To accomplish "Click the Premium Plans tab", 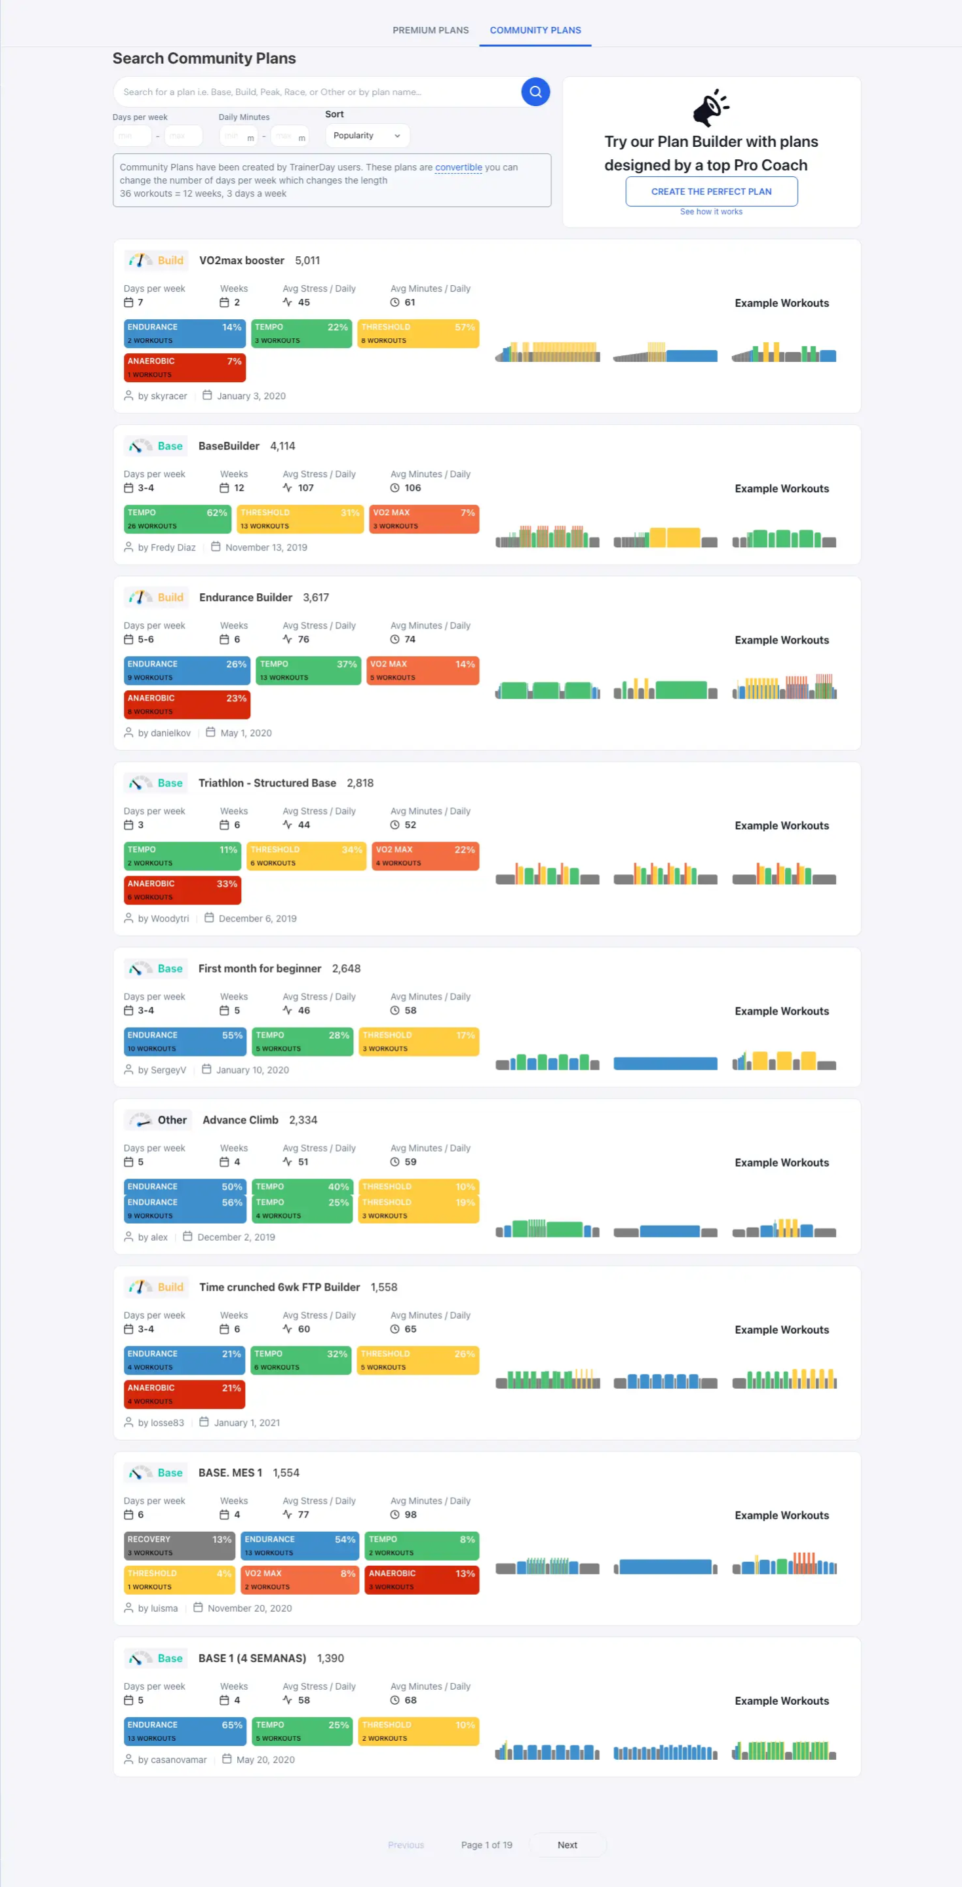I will point(431,31).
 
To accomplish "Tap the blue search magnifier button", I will point(535,92).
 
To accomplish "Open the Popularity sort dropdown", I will point(367,136).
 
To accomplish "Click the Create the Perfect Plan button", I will point(711,192).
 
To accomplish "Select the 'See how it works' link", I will point(711,212).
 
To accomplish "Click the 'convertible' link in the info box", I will point(458,168).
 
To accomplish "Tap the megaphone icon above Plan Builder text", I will point(710,107).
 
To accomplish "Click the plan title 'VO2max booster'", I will point(242,261).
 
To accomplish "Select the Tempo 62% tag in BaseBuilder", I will point(177,519).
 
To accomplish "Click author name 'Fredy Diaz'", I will point(173,548).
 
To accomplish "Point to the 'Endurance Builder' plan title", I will point(245,598).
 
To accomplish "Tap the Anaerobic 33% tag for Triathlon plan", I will point(182,890).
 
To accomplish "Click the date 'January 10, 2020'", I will point(252,1070).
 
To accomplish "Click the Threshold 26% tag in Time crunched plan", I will point(418,1360).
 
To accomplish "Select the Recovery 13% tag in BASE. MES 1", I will point(180,1546).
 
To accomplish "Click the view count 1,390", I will point(330,1658).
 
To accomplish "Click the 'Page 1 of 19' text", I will point(486,1845).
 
